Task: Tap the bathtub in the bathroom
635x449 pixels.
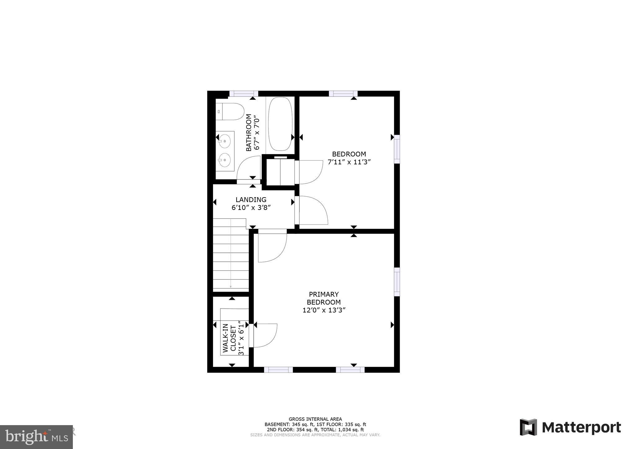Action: pyautogui.click(x=280, y=124)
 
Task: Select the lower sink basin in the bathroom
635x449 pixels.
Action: pyautogui.click(x=224, y=160)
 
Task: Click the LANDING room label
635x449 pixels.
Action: pyautogui.click(x=251, y=200)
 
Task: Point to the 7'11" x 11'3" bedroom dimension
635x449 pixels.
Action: pyautogui.click(x=349, y=162)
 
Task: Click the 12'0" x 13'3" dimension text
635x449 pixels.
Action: pyautogui.click(x=324, y=310)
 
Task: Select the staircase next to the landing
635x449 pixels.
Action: pyautogui.click(x=231, y=254)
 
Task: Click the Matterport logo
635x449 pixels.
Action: pyautogui.click(x=570, y=427)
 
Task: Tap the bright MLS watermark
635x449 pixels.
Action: pyautogui.click(x=37, y=437)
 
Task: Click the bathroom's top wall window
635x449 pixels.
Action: pyautogui.click(x=244, y=94)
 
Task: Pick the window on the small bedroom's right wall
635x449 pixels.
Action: pyautogui.click(x=397, y=149)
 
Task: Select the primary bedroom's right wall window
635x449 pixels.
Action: pyautogui.click(x=397, y=282)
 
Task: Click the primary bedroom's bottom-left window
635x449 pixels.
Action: pyautogui.click(x=278, y=370)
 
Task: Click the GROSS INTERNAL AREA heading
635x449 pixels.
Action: pyautogui.click(x=315, y=419)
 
